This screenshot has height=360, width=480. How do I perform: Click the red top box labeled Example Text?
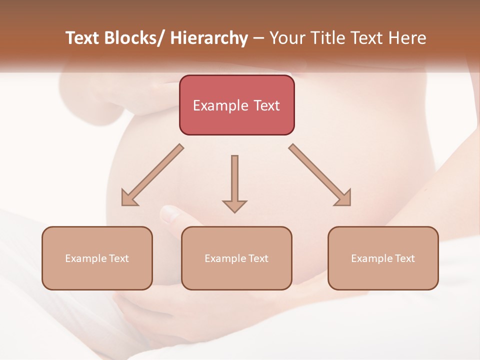tap(236, 105)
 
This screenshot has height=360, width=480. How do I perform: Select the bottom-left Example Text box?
tap(97, 258)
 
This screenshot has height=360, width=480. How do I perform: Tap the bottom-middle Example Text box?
tap(236, 258)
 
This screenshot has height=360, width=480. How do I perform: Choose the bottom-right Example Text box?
tap(383, 258)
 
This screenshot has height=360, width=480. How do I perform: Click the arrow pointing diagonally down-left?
tap(152, 175)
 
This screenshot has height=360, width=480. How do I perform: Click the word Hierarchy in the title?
tap(209, 38)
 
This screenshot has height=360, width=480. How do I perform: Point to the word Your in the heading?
tap(287, 38)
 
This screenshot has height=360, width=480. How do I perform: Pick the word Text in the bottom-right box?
tap(404, 258)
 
